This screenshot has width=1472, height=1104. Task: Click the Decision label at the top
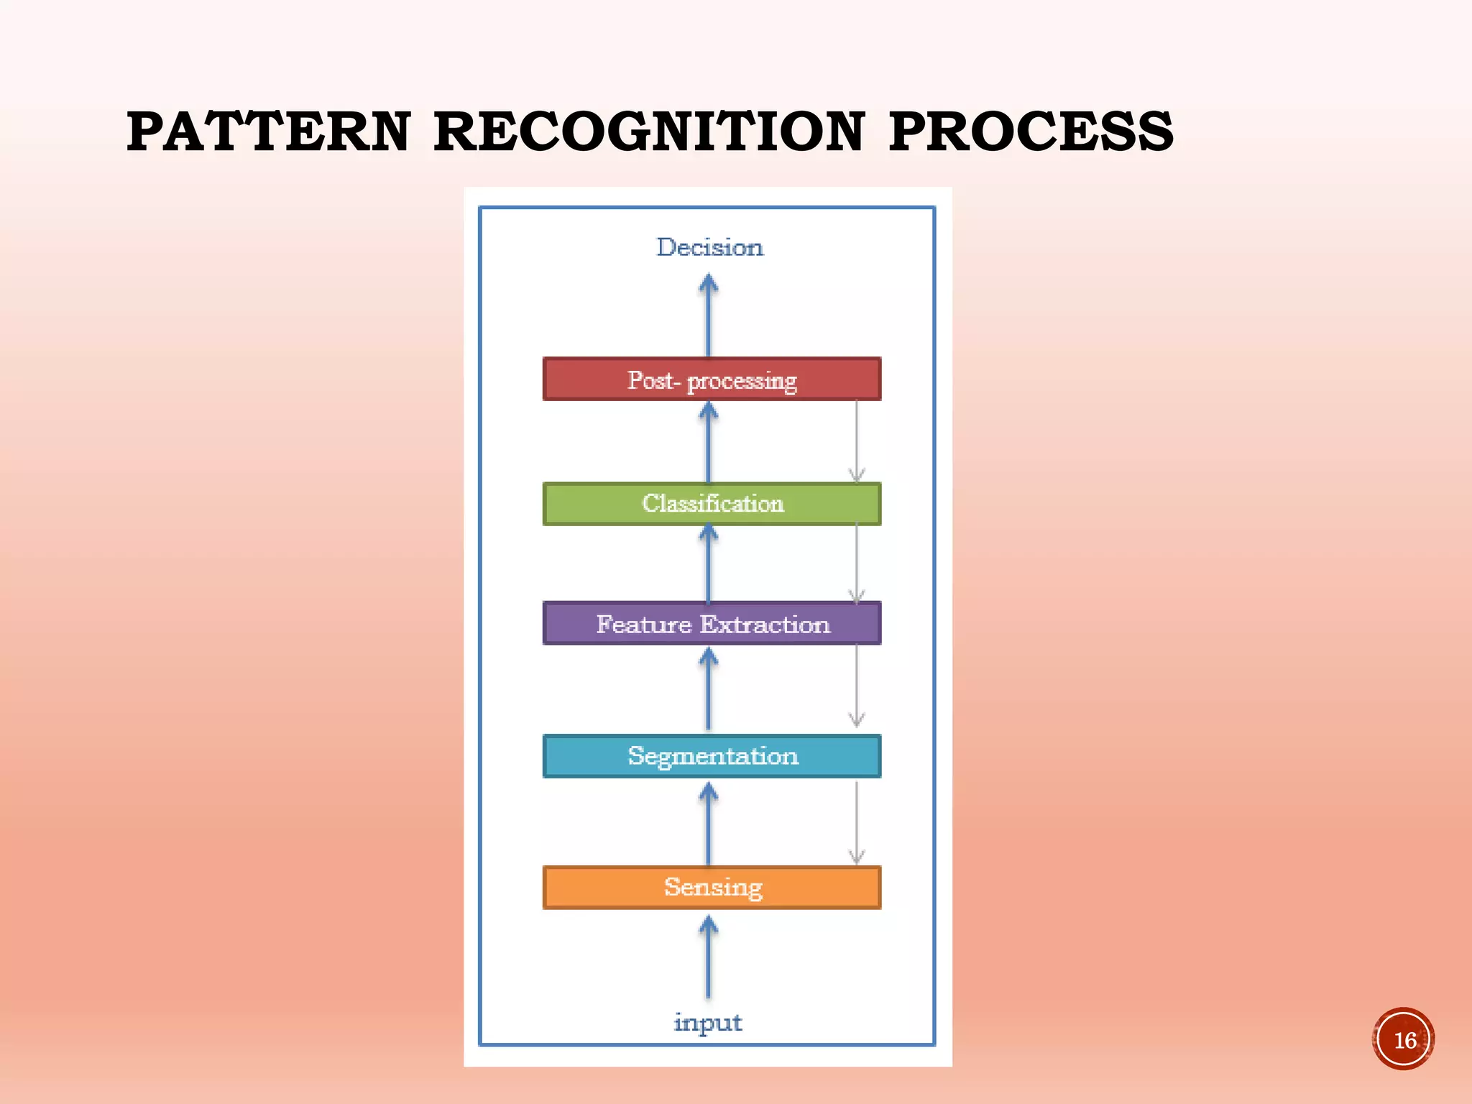(709, 247)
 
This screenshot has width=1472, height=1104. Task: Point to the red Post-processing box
(712, 379)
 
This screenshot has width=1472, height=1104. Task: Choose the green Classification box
(712, 504)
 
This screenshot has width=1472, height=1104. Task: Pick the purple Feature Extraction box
(712, 623)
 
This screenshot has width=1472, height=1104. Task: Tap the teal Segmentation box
(712, 756)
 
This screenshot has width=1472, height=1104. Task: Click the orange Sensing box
(712, 888)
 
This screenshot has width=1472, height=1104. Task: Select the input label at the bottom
(708, 1021)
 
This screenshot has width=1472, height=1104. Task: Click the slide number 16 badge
(1403, 1039)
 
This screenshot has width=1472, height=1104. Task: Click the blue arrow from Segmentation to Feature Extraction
(709, 689)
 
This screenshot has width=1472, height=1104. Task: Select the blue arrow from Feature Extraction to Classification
(709, 564)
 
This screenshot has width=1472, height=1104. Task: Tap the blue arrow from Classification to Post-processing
(709, 441)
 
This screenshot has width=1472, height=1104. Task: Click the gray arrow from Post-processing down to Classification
(856, 441)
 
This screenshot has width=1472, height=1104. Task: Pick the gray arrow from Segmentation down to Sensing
(856, 822)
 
